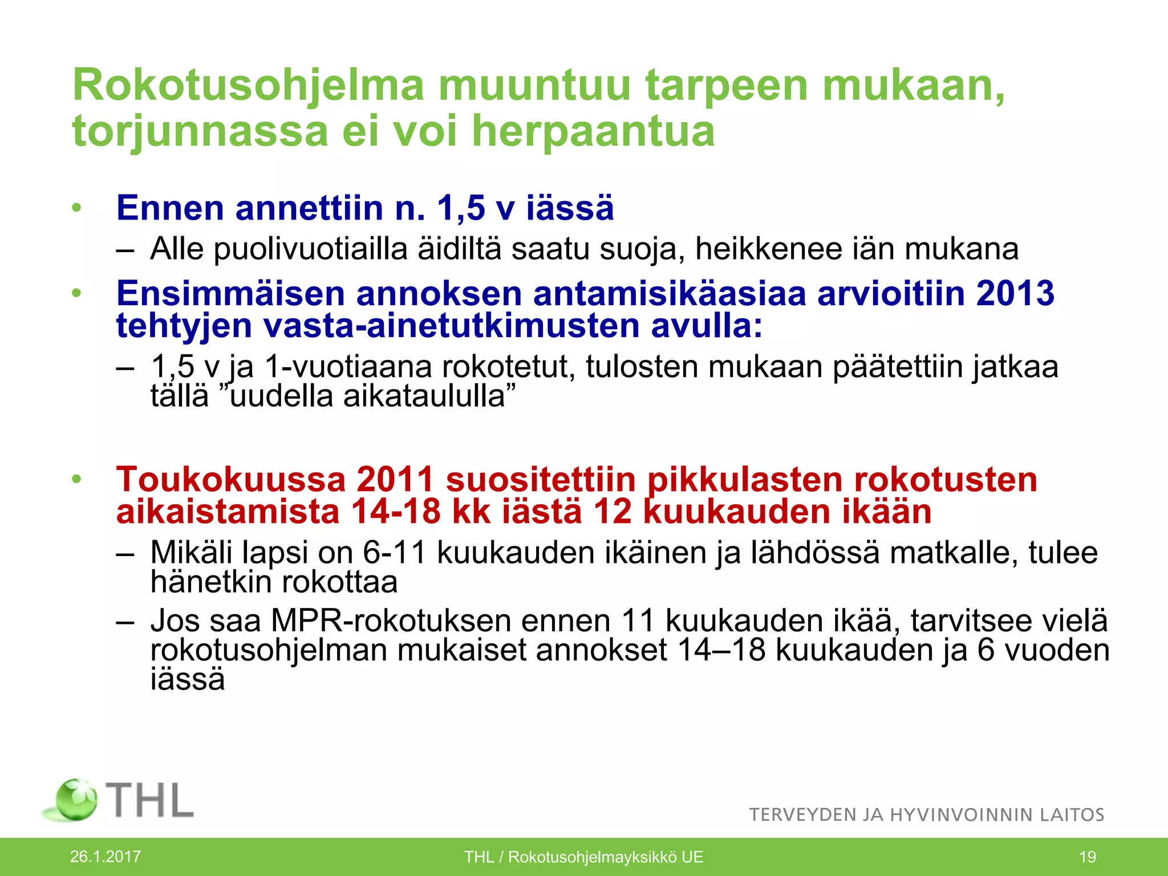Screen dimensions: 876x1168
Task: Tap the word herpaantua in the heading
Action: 593,131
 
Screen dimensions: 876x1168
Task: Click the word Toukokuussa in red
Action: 231,479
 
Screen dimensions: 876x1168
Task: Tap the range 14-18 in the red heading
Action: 396,511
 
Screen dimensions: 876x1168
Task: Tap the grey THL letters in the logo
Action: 151,800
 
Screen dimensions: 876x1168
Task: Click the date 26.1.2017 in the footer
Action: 106,857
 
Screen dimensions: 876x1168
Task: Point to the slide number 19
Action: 1088,857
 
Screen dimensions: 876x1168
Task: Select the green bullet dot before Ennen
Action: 77,208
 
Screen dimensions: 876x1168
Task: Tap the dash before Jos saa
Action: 125,620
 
